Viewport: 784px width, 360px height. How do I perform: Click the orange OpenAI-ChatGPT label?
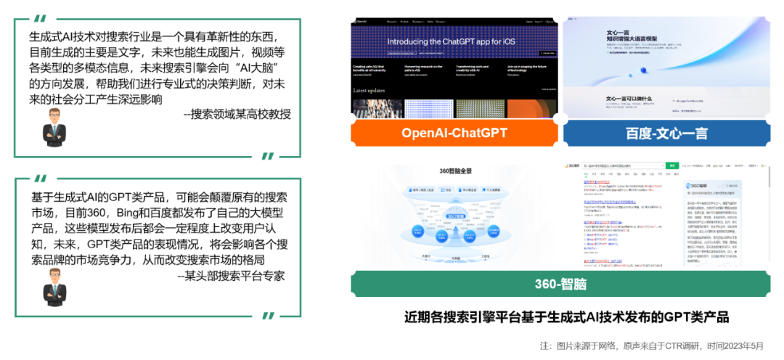(454, 134)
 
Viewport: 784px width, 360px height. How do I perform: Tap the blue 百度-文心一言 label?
(667, 134)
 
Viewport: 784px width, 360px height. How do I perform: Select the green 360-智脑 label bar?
(560, 285)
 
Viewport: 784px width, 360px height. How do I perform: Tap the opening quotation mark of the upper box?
(43, 18)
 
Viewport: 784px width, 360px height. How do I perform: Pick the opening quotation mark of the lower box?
(43, 178)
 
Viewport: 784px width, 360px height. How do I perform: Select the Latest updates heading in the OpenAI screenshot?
(369, 90)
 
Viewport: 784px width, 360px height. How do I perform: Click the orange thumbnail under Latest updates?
(531, 108)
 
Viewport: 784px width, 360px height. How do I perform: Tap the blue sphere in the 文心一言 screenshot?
(643, 71)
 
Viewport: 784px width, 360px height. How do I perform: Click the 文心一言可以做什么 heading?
(629, 99)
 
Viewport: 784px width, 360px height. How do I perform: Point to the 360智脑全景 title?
(456, 171)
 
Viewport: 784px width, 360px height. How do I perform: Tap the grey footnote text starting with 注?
(651, 345)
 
